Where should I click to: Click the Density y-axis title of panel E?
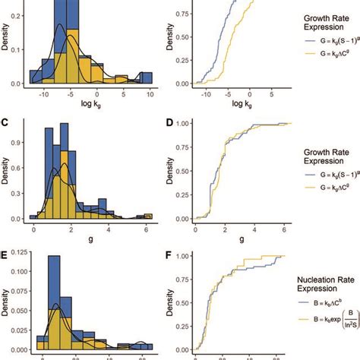coord(6,300)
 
